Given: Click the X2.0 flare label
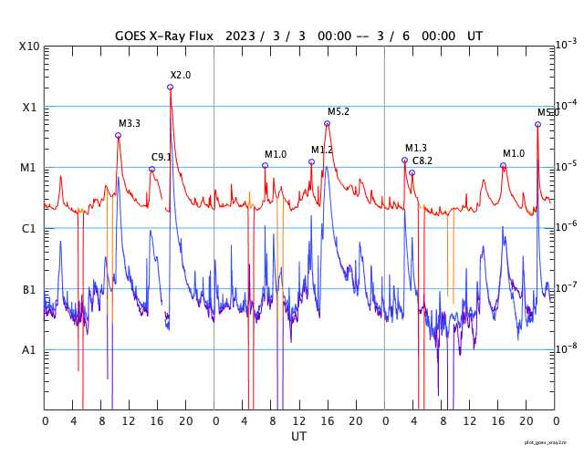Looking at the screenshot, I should coord(181,75).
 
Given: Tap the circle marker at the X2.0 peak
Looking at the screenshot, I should coord(170,88).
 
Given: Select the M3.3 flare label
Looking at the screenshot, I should coord(130,123).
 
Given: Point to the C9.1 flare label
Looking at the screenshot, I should coord(162,157).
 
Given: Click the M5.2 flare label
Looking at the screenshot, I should coord(339,111).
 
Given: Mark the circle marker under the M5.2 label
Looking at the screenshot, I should coord(327,124).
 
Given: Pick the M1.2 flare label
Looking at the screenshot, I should coord(322,150).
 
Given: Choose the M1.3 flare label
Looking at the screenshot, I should coord(416,148).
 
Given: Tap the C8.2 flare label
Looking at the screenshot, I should coord(422,161).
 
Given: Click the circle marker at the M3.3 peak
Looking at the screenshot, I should coord(118,136).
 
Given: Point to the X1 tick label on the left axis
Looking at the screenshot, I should coord(29,107).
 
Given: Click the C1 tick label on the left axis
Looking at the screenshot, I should coord(29,229).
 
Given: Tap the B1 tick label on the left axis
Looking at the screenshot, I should coord(29,290).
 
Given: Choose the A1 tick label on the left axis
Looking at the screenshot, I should coord(29,350).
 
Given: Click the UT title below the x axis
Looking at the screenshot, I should coord(299,437).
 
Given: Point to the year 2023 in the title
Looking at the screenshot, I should coord(239,36).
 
